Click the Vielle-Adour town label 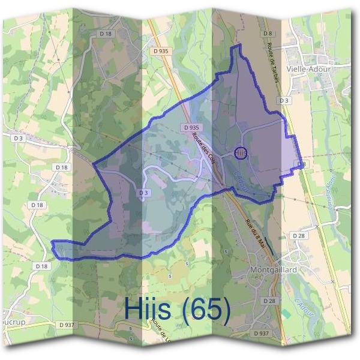310,68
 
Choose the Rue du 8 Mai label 255,235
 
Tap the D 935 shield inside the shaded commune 191,128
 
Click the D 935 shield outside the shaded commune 160,52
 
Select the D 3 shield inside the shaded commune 143,193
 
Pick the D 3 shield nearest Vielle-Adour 285,100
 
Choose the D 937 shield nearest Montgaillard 261,332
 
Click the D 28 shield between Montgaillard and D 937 269,300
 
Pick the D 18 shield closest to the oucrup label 41,266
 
